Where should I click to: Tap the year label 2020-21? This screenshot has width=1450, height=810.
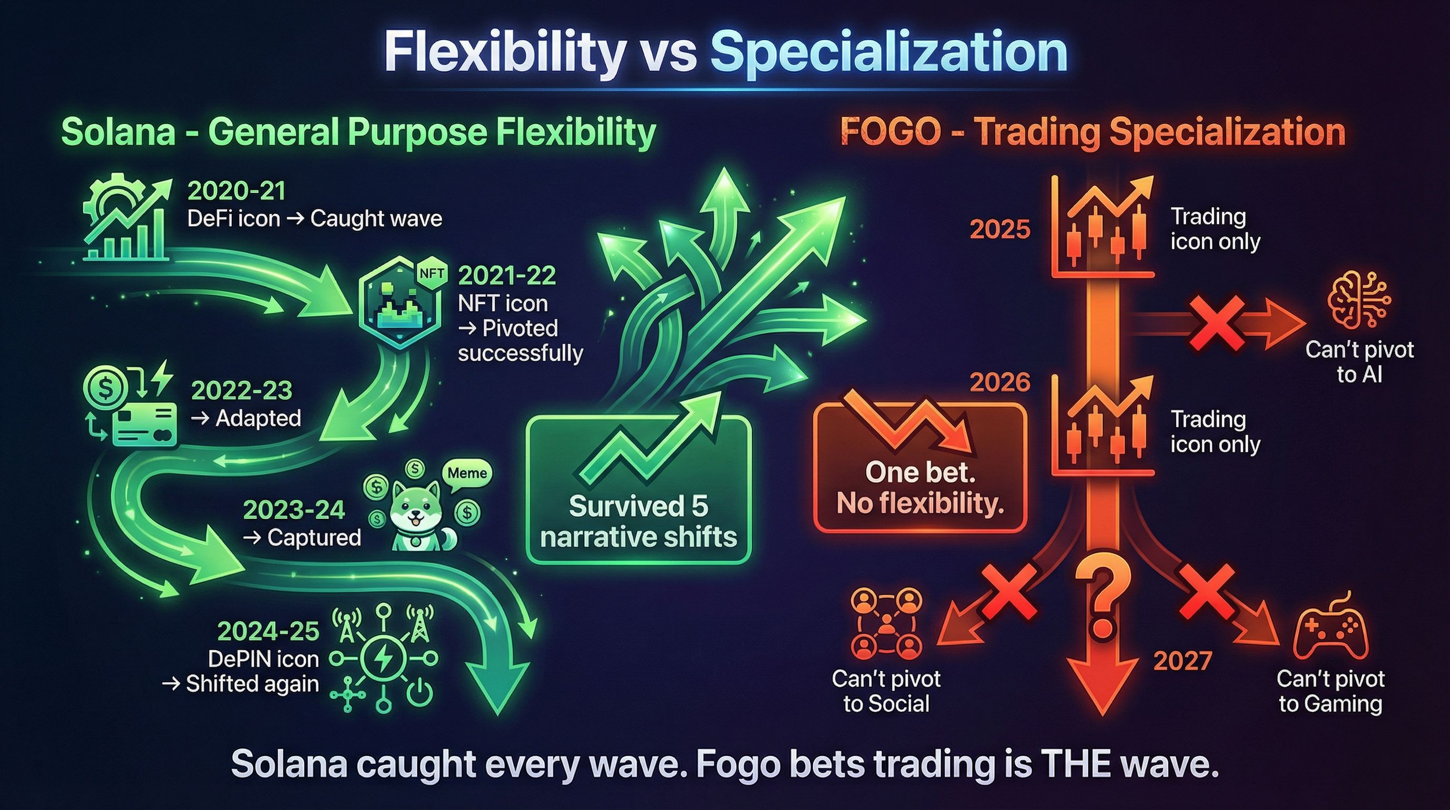[237, 191]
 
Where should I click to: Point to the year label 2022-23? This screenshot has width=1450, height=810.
[241, 390]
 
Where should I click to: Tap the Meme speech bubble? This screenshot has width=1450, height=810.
[467, 472]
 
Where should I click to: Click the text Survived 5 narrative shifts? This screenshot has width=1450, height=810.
[638, 522]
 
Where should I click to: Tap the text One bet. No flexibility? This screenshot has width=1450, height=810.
[920, 488]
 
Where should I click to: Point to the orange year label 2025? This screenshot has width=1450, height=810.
[1000, 229]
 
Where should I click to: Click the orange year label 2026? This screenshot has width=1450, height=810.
[1000, 382]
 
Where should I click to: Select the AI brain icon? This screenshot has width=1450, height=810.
[1359, 307]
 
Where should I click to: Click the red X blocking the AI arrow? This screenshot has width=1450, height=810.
[1216, 323]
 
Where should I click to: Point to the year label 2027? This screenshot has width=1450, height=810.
[1182, 661]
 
